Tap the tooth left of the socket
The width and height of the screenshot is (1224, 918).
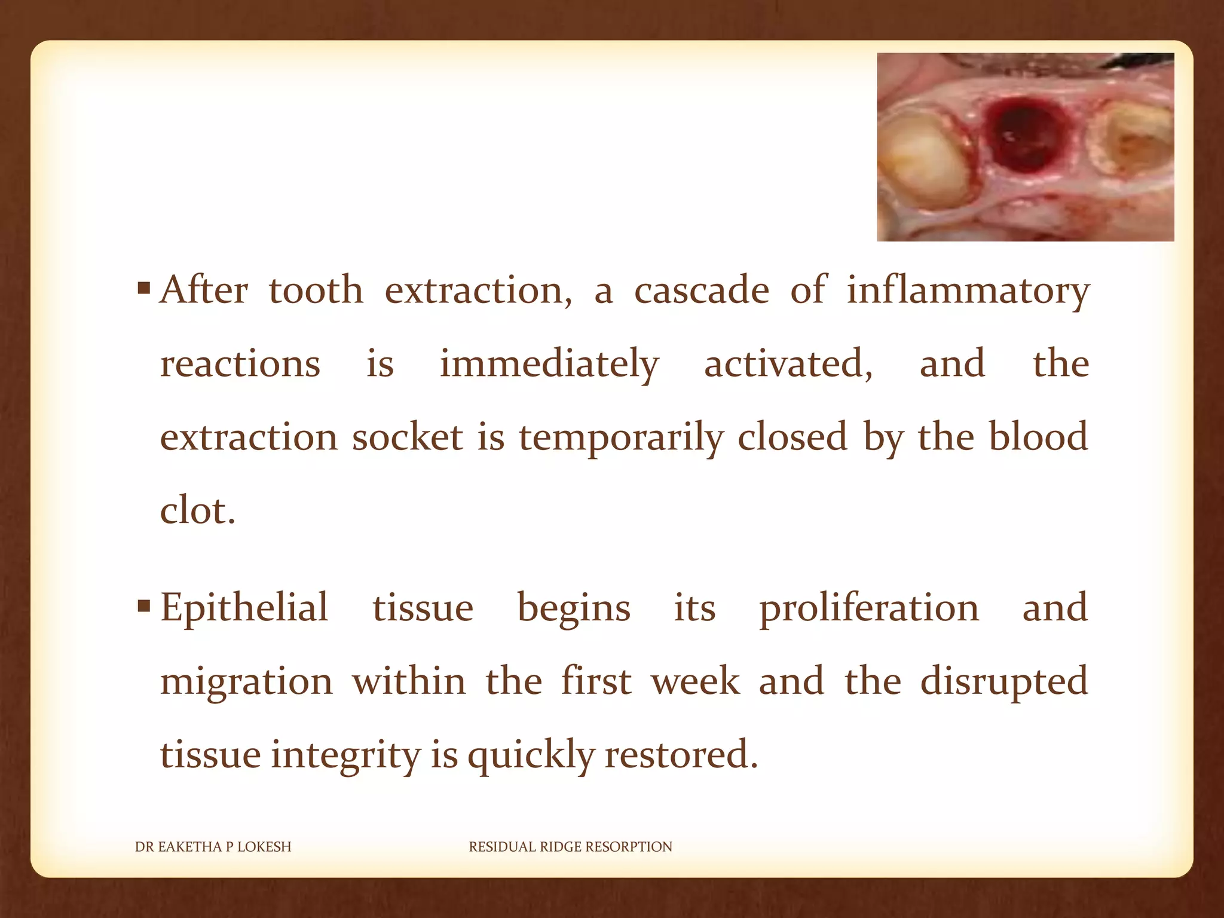tap(923, 161)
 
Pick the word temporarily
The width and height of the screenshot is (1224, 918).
tap(621, 437)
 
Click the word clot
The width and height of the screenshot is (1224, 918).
tap(197, 511)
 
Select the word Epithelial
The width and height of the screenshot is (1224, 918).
tap(244, 608)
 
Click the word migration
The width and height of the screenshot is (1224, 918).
tap(246, 682)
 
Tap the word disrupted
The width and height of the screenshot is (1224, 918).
tap(1003, 682)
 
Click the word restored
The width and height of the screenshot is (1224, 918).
tap(681, 754)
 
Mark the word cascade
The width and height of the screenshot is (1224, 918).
tap(701, 291)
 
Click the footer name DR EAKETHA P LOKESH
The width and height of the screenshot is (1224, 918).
tap(213, 847)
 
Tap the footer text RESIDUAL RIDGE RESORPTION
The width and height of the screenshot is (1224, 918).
tap(570, 847)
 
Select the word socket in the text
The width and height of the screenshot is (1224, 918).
tap(407, 437)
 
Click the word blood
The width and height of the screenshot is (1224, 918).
tap(1038, 436)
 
